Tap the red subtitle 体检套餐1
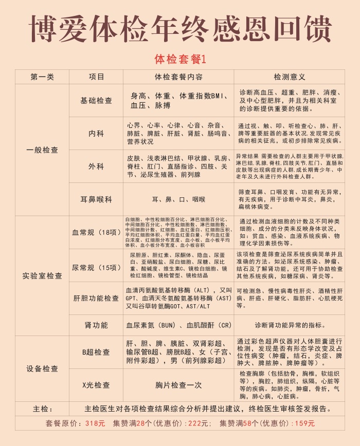click(179, 59)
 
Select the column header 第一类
click(42, 77)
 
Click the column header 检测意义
click(290, 77)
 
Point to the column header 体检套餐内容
click(178, 77)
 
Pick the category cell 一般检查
click(42, 150)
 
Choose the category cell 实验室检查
click(42, 275)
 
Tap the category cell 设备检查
click(42, 368)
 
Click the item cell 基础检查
click(96, 101)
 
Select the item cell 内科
click(96, 133)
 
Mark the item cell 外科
click(96, 166)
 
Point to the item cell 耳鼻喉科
click(96, 199)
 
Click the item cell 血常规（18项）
click(96, 232)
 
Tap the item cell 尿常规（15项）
click(96, 267)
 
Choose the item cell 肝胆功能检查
click(96, 298)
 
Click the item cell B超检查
click(96, 352)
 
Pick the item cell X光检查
click(96, 385)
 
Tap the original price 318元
click(95, 423)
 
